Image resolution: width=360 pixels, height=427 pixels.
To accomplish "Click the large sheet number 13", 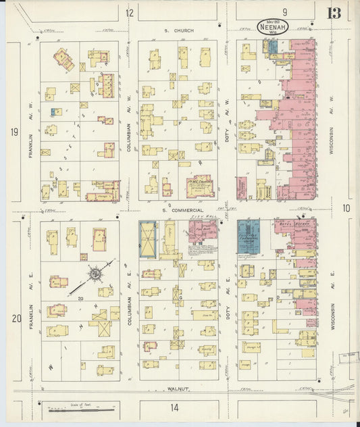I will [x=334, y=14].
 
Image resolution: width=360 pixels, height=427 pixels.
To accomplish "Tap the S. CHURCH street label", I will [x=178, y=30].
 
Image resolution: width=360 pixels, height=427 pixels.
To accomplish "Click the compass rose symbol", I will [x=95, y=274].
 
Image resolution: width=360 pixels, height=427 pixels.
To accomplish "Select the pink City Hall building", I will [x=202, y=231].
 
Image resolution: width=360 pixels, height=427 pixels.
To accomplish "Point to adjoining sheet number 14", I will [x=174, y=407].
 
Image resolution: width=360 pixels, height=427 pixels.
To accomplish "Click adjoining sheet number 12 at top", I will [x=130, y=12].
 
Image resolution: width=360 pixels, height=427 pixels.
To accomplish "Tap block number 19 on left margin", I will [x=14, y=132].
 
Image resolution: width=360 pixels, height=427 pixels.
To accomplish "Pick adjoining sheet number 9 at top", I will [x=285, y=11].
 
